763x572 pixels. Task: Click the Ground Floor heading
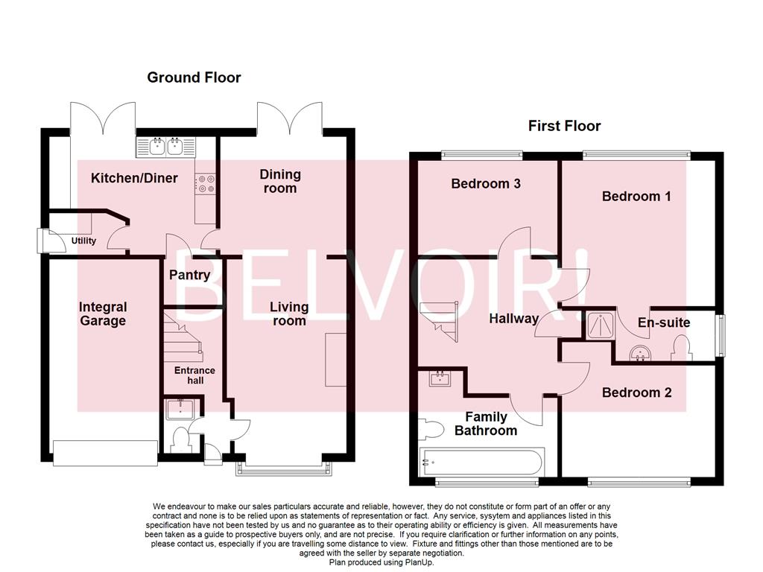(x=194, y=77)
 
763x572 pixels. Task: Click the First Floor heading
(x=564, y=126)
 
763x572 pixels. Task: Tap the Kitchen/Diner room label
(x=134, y=178)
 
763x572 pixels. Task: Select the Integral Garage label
(x=103, y=314)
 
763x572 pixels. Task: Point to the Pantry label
(x=189, y=275)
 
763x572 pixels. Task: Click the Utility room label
(x=83, y=241)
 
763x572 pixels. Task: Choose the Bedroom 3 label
(x=485, y=183)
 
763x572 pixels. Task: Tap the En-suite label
(x=664, y=322)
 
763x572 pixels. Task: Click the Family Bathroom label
(x=486, y=424)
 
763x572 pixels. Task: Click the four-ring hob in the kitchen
(x=205, y=184)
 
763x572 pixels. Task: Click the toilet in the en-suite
(x=681, y=349)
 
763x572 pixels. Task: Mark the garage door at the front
(x=105, y=451)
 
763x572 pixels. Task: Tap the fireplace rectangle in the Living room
(x=335, y=360)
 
